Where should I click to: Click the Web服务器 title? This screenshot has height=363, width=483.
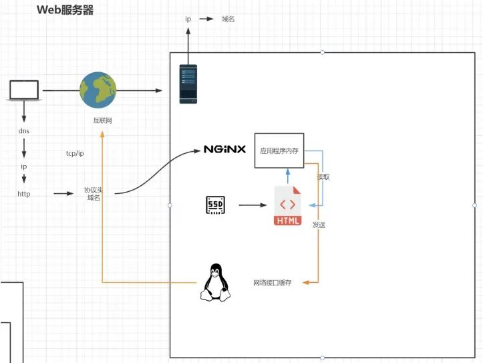[65, 10]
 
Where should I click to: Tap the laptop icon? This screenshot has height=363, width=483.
[24, 91]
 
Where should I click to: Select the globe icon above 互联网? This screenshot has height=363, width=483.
[98, 90]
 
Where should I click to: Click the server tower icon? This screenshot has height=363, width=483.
[188, 84]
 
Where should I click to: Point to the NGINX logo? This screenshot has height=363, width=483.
[225, 150]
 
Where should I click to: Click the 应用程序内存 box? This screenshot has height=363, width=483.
[279, 150]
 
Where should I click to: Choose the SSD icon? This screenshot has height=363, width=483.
[215, 205]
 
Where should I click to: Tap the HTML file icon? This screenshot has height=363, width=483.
[288, 205]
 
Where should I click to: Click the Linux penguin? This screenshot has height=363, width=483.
[216, 282]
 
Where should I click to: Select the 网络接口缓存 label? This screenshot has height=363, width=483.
[273, 283]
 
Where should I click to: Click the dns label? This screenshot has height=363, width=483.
[24, 131]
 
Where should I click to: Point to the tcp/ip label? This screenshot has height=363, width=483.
[75, 153]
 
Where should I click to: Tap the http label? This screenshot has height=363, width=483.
[24, 194]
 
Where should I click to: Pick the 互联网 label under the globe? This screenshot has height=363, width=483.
[103, 120]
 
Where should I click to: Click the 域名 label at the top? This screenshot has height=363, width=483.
[228, 19]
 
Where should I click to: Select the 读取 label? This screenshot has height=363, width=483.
[323, 177]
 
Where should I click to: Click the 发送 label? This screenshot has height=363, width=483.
[319, 225]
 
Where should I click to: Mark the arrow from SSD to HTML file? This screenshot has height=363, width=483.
[253, 205]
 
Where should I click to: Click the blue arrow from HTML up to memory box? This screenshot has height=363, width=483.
[288, 176]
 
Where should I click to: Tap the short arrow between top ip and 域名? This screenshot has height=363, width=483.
[206, 19]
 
